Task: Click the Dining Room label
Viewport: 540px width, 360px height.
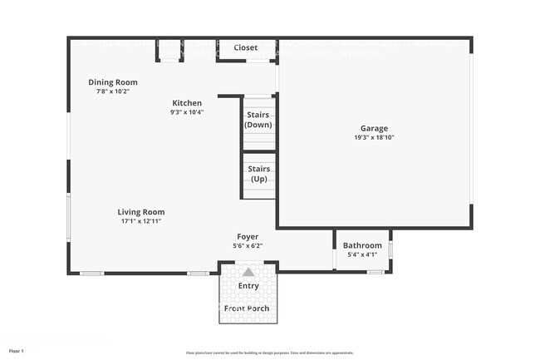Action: click(x=113, y=82)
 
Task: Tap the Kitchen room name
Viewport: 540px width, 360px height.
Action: click(x=187, y=103)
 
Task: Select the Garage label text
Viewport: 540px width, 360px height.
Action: click(x=374, y=129)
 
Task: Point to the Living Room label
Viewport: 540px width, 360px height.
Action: click(x=140, y=212)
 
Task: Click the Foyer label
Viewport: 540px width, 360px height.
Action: click(x=248, y=237)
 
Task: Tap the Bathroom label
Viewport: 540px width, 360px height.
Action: click(x=362, y=245)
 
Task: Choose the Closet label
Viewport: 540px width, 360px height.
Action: click(x=246, y=47)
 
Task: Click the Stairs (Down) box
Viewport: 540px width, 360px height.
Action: click(x=258, y=120)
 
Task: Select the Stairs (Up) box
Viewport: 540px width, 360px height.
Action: click(x=258, y=174)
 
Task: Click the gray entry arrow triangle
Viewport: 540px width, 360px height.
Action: click(x=248, y=271)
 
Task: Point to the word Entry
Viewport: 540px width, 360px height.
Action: click(x=248, y=286)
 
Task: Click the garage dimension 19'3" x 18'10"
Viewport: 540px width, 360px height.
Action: click(x=374, y=138)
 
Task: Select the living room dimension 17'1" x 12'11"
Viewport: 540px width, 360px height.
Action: click(x=140, y=221)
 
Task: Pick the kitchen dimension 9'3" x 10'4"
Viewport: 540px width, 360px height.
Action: click(x=187, y=112)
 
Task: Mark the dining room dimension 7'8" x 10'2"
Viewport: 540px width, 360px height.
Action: click(x=113, y=91)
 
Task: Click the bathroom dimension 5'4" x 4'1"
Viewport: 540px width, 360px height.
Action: click(x=362, y=254)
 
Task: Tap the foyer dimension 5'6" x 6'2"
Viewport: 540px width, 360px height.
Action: click(x=248, y=246)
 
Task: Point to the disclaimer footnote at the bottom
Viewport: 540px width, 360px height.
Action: click(x=269, y=353)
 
